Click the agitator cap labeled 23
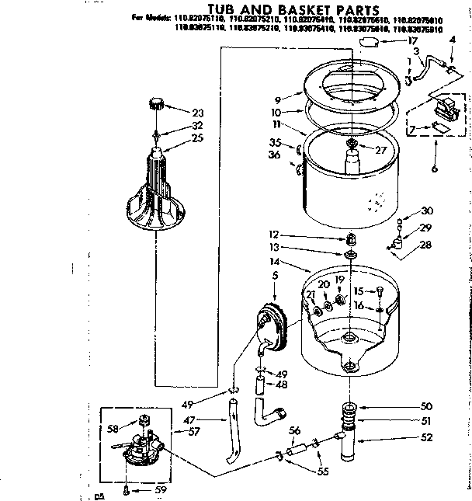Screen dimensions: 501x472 pyautogui.click(x=158, y=103)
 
